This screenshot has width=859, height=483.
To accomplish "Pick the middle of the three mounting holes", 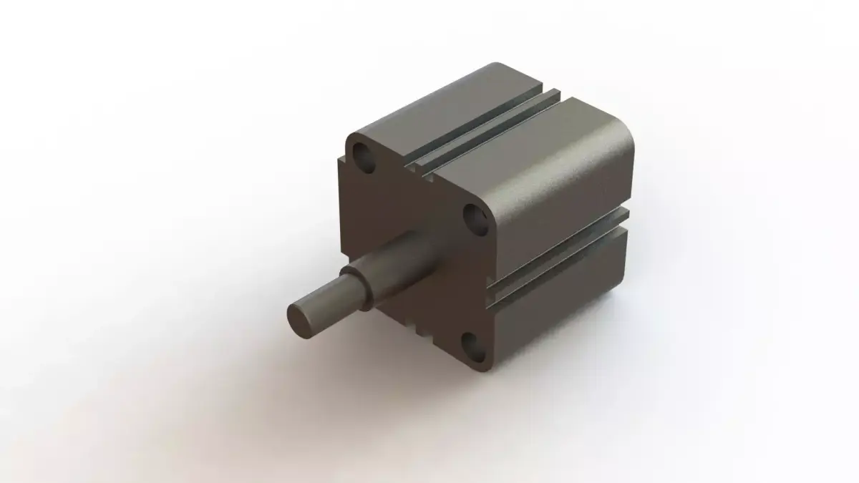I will [473, 215].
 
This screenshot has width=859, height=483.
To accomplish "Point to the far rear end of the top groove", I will [554, 92].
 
